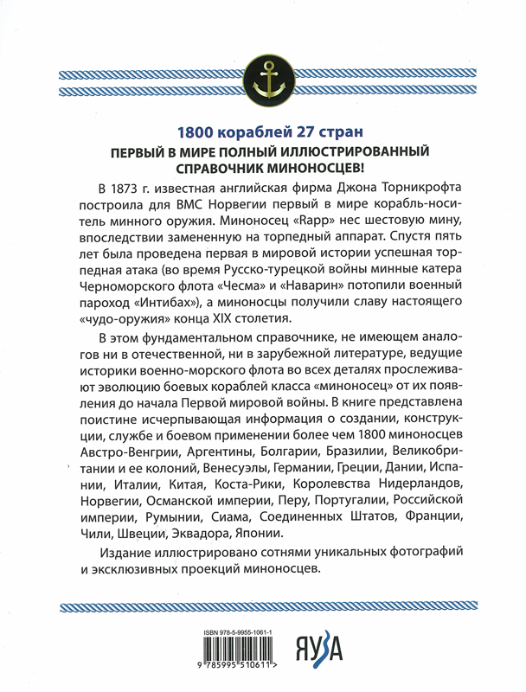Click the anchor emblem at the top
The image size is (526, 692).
coord(263,77)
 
